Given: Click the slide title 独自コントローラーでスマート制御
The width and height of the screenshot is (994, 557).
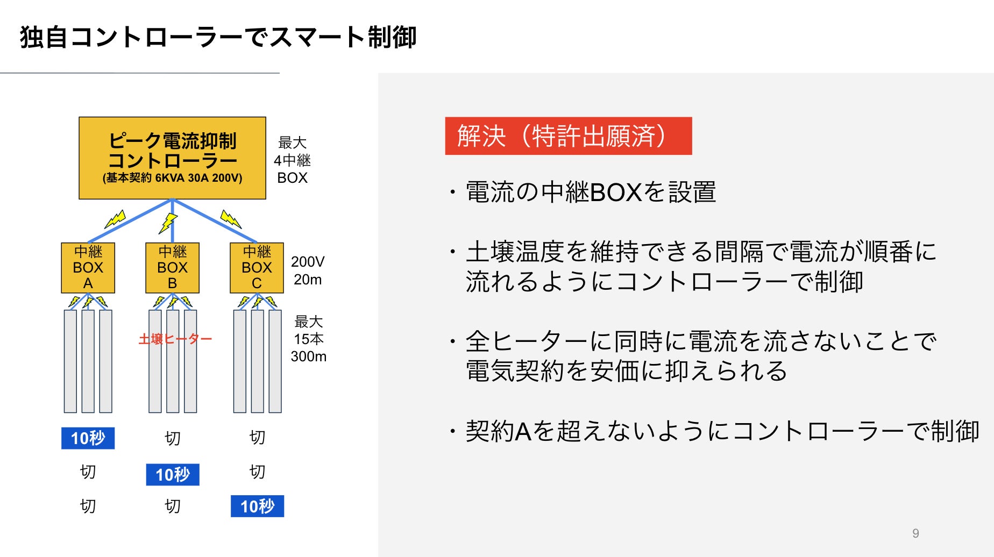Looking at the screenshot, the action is [218, 38].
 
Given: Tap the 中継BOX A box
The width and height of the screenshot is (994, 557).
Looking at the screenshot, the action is [88, 268].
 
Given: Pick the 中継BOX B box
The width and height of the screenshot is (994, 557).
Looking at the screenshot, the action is [172, 268].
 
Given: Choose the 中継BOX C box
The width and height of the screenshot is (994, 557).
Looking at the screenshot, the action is [257, 268].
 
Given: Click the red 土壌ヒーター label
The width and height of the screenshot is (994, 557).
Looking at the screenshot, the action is [175, 339].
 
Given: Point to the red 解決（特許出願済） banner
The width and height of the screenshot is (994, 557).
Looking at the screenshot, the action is [568, 136].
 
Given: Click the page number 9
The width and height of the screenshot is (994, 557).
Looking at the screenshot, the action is [915, 533].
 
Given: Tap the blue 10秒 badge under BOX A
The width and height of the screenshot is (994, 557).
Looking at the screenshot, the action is [88, 438].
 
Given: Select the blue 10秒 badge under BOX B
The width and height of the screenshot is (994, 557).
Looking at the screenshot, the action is [173, 474].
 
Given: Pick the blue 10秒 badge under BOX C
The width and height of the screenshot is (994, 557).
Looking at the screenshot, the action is [257, 506].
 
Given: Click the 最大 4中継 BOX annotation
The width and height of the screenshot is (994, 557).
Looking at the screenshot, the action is [292, 160].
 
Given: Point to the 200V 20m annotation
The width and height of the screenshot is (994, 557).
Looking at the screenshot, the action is [308, 270].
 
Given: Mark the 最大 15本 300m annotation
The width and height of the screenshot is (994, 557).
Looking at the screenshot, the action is [308, 339].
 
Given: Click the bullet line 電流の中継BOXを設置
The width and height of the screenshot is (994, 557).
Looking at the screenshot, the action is [591, 192].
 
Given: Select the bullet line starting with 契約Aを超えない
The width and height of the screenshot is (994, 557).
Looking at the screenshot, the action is [722, 431].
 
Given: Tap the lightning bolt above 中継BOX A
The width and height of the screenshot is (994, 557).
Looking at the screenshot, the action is [115, 219].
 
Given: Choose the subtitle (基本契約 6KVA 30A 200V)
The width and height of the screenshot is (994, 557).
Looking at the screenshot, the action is [172, 178].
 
